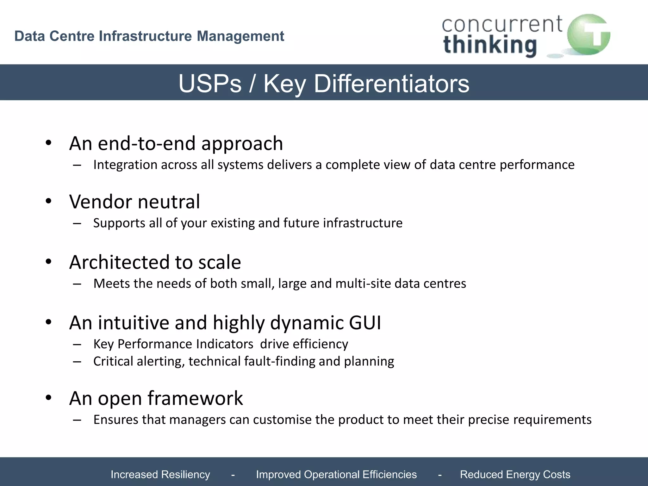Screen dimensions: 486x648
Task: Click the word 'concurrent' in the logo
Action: pyautogui.click(x=502, y=25)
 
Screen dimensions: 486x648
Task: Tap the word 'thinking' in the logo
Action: pyautogui.click(x=490, y=46)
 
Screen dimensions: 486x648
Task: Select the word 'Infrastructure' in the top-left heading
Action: pyautogui.click(x=145, y=36)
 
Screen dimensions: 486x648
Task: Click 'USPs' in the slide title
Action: pyautogui.click(x=210, y=84)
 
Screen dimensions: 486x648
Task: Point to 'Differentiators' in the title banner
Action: pyautogui.click(x=391, y=84)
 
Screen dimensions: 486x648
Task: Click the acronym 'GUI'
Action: pyautogui.click(x=365, y=323)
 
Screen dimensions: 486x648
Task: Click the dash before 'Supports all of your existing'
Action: pyautogui.click(x=77, y=223)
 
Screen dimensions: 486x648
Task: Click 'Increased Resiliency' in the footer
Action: pyautogui.click(x=160, y=474)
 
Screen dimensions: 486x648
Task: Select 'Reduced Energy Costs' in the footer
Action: pyautogui.click(x=515, y=474)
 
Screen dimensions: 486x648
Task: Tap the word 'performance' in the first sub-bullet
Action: pyautogui.click(x=537, y=165)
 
